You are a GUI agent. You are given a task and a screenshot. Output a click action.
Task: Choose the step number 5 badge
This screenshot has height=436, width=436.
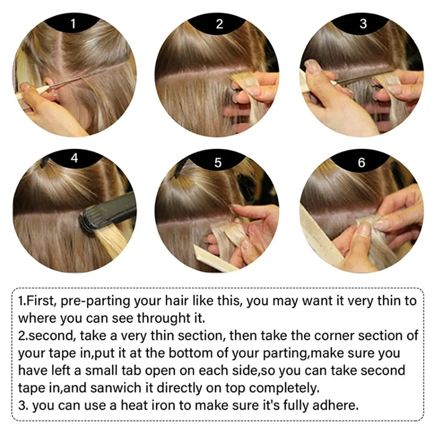[218, 162]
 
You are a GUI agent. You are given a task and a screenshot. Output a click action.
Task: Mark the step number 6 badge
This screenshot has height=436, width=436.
[362, 162]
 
